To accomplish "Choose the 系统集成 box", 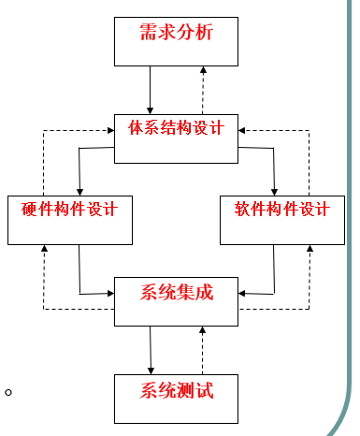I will coord(176,300).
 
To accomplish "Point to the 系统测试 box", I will coord(176,398).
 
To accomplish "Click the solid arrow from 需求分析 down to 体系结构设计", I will coord(150,90).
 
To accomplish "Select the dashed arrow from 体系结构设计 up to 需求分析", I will coord(203,90).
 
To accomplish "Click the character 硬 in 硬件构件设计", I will coord(28,209).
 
